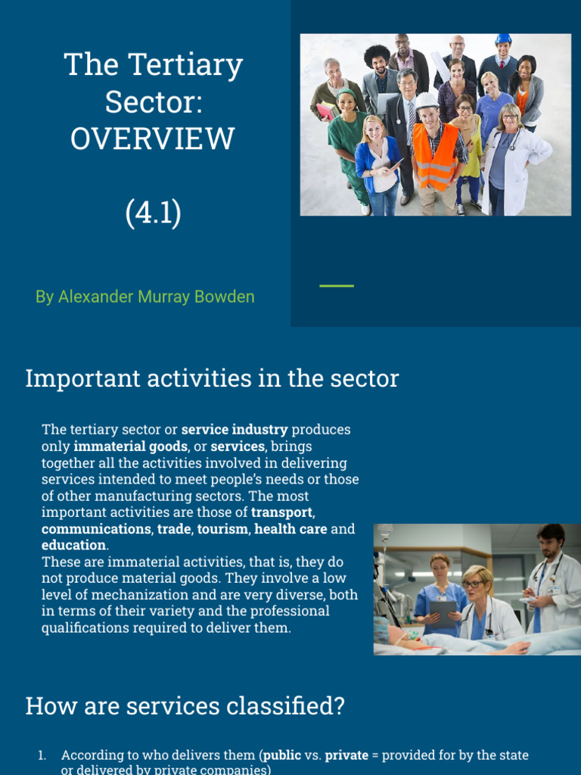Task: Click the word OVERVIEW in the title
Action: tap(152, 139)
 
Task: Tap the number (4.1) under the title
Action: tap(153, 213)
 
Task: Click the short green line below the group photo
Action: tap(337, 285)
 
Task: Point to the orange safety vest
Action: tap(435, 157)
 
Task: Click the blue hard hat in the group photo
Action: tap(503, 39)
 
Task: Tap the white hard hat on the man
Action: tap(427, 101)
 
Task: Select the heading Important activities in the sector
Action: tap(212, 378)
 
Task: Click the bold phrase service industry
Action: tap(235, 429)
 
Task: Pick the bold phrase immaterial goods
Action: tap(130, 447)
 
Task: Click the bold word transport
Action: tap(281, 512)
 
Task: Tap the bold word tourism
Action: tap(223, 529)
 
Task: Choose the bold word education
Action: tap(73, 545)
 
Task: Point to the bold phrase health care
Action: tap(290, 529)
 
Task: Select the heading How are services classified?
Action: tap(185, 706)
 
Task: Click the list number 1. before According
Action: tap(42, 755)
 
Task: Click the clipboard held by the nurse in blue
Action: tap(443, 614)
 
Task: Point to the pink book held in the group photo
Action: tap(325, 111)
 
